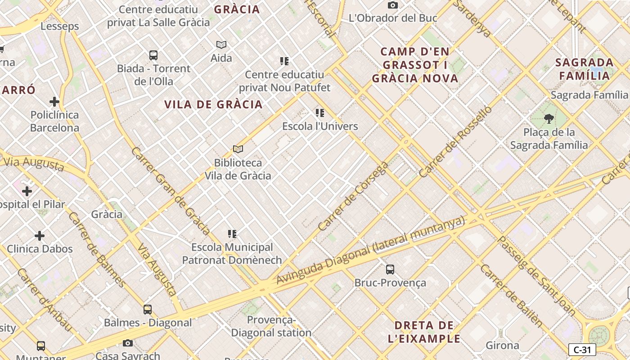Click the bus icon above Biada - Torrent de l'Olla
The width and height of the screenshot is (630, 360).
coord(153,55)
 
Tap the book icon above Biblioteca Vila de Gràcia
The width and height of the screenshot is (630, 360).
coord(238,149)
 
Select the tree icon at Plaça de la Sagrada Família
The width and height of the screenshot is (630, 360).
coord(549,119)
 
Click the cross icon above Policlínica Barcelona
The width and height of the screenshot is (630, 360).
coord(54,101)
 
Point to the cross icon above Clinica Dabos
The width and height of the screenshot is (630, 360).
coord(40,235)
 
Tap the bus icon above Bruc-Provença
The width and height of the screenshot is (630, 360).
coord(390,270)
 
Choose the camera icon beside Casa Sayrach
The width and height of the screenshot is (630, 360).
coord(128,343)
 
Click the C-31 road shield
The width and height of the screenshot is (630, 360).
coord(582,350)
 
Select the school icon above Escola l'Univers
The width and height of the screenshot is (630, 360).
coord(320,112)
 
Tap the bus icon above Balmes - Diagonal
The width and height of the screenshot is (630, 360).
coord(148,309)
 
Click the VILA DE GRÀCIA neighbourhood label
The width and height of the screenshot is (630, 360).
coord(213,104)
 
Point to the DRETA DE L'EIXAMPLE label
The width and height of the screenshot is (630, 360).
coord(424,332)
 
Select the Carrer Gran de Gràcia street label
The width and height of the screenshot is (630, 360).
coord(171,191)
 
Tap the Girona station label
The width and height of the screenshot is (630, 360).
coord(502,346)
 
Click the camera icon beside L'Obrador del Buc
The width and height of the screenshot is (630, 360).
coord(393,5)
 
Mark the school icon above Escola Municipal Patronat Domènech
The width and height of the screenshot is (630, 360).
coord(232,234)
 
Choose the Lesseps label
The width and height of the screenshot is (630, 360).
coord(60,26)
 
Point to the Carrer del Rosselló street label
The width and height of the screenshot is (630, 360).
coord(455,142)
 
